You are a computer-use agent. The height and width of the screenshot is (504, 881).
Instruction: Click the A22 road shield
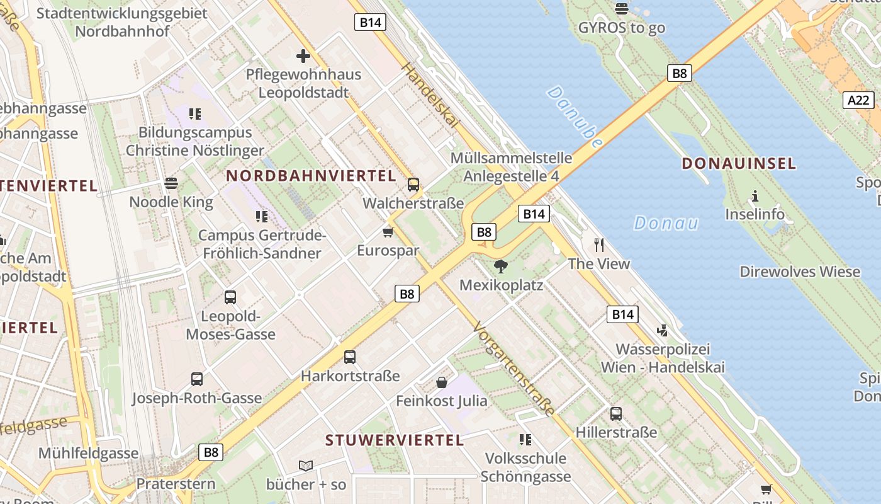click(x=858, y=100)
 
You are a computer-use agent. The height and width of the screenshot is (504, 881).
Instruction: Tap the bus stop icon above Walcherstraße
click(x=413, y=185)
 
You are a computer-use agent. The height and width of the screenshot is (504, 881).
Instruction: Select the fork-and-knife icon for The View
click(x=599, y=244)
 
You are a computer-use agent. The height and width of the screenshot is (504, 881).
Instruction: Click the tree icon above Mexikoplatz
click(x=501, y=266)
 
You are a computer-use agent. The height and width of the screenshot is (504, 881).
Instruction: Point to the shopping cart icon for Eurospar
click(x=388, y=232)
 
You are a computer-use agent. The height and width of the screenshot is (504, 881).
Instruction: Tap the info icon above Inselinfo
click(x=755, y=196)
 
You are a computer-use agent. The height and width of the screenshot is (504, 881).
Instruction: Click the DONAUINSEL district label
click(x=739, y=164)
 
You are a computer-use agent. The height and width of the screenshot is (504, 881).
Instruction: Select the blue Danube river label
click(x=575, y=117)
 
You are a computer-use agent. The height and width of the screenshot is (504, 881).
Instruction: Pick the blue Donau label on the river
click(x=666, y=222)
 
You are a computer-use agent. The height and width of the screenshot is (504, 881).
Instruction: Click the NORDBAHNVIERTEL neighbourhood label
click(x=311, y=176)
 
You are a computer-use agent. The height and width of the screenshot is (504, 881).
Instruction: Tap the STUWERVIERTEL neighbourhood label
click(x=395, y=440)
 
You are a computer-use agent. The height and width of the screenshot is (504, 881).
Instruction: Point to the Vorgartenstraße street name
click(x=514, y=369)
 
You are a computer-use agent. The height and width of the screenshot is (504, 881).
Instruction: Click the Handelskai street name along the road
click(x=430, y=96)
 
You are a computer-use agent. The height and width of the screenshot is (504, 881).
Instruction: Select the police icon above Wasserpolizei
click(x=662, y=330)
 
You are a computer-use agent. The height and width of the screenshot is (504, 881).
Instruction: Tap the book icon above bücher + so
click(x=306, y=466)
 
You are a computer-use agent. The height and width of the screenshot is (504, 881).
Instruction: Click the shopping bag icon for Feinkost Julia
click(x=442, y=382)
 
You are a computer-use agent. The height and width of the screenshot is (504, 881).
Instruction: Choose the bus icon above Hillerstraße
click(x=616, y=414)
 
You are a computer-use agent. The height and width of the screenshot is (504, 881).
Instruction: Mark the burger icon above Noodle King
click(x=171, y=183)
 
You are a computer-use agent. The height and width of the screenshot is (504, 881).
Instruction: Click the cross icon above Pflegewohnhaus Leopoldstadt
click(x=303, y=56)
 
